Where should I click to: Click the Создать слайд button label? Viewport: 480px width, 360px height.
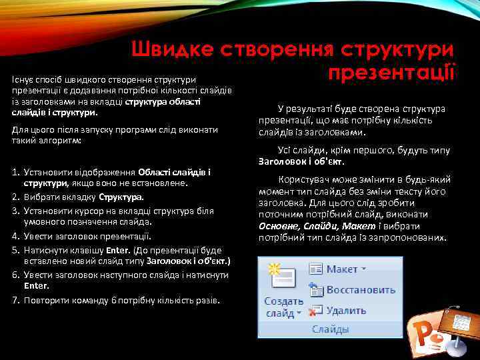(x=283, y=307)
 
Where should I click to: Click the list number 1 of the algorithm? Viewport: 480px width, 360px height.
(x=15, y=173)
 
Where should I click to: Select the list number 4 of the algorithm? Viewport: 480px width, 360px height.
(x=15, y=236)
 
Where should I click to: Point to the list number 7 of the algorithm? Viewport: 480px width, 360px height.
(x=15, y=300)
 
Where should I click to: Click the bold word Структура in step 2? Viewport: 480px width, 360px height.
(x=121, y=197)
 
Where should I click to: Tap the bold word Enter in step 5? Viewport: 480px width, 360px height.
(x=115, y=251)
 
